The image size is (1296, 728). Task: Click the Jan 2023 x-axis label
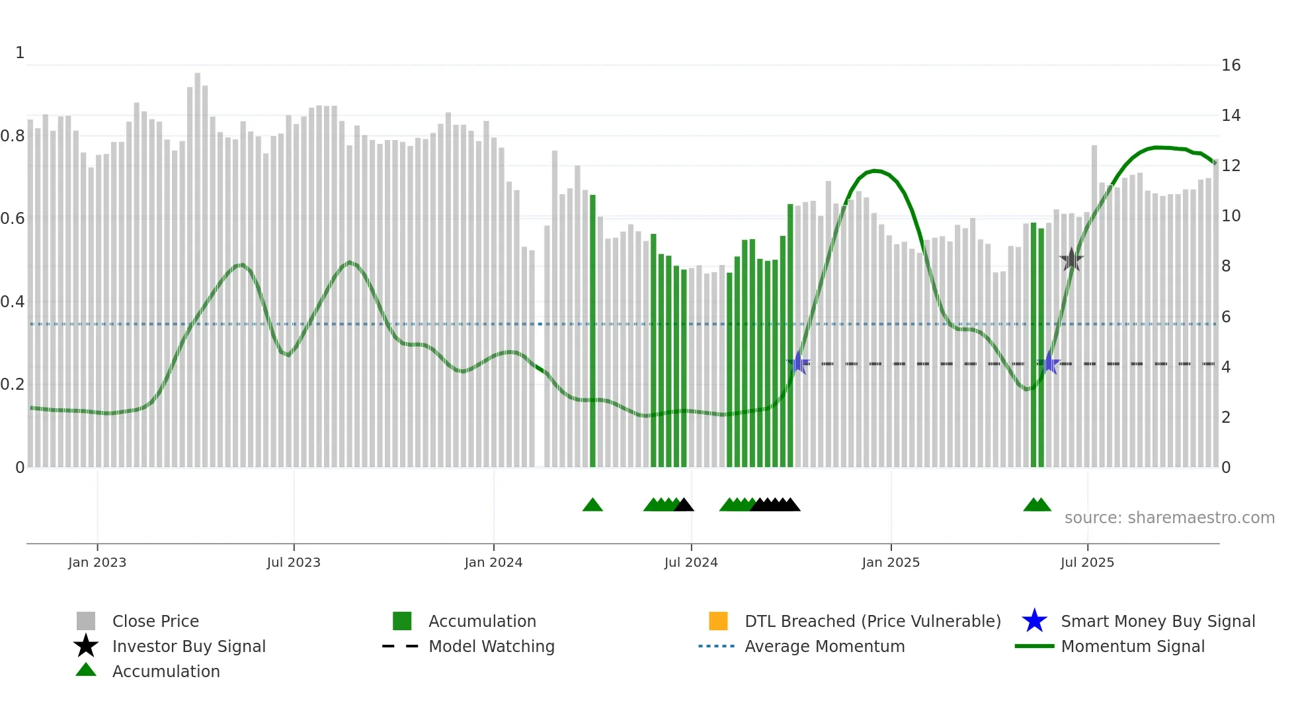[97, 562]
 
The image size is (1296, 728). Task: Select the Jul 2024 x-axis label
[691, 562]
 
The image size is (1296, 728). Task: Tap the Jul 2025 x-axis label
[1087, 562]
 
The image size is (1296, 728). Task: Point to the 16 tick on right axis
[1231, 65]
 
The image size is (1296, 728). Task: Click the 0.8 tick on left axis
[13, 136]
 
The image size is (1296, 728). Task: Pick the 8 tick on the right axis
[1226, 266]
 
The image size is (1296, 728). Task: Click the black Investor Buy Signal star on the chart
[1071, 260]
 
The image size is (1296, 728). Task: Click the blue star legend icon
[1034, 621]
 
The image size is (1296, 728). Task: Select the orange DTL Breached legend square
[718, 621]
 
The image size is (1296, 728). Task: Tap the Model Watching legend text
[491, 646]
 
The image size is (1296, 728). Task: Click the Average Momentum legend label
[825, 646]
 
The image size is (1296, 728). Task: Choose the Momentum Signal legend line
[1034, 646]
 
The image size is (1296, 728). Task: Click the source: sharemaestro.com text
[1169, 518]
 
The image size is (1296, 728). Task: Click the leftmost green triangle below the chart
[592, 505]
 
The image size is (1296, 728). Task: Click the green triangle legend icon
[86, 670]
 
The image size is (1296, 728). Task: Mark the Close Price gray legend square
[86, 621]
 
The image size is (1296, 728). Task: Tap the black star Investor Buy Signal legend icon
[86, 646]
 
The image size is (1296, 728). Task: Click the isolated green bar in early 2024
[592, 330]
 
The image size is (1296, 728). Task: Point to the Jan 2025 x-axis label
[891, 562]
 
